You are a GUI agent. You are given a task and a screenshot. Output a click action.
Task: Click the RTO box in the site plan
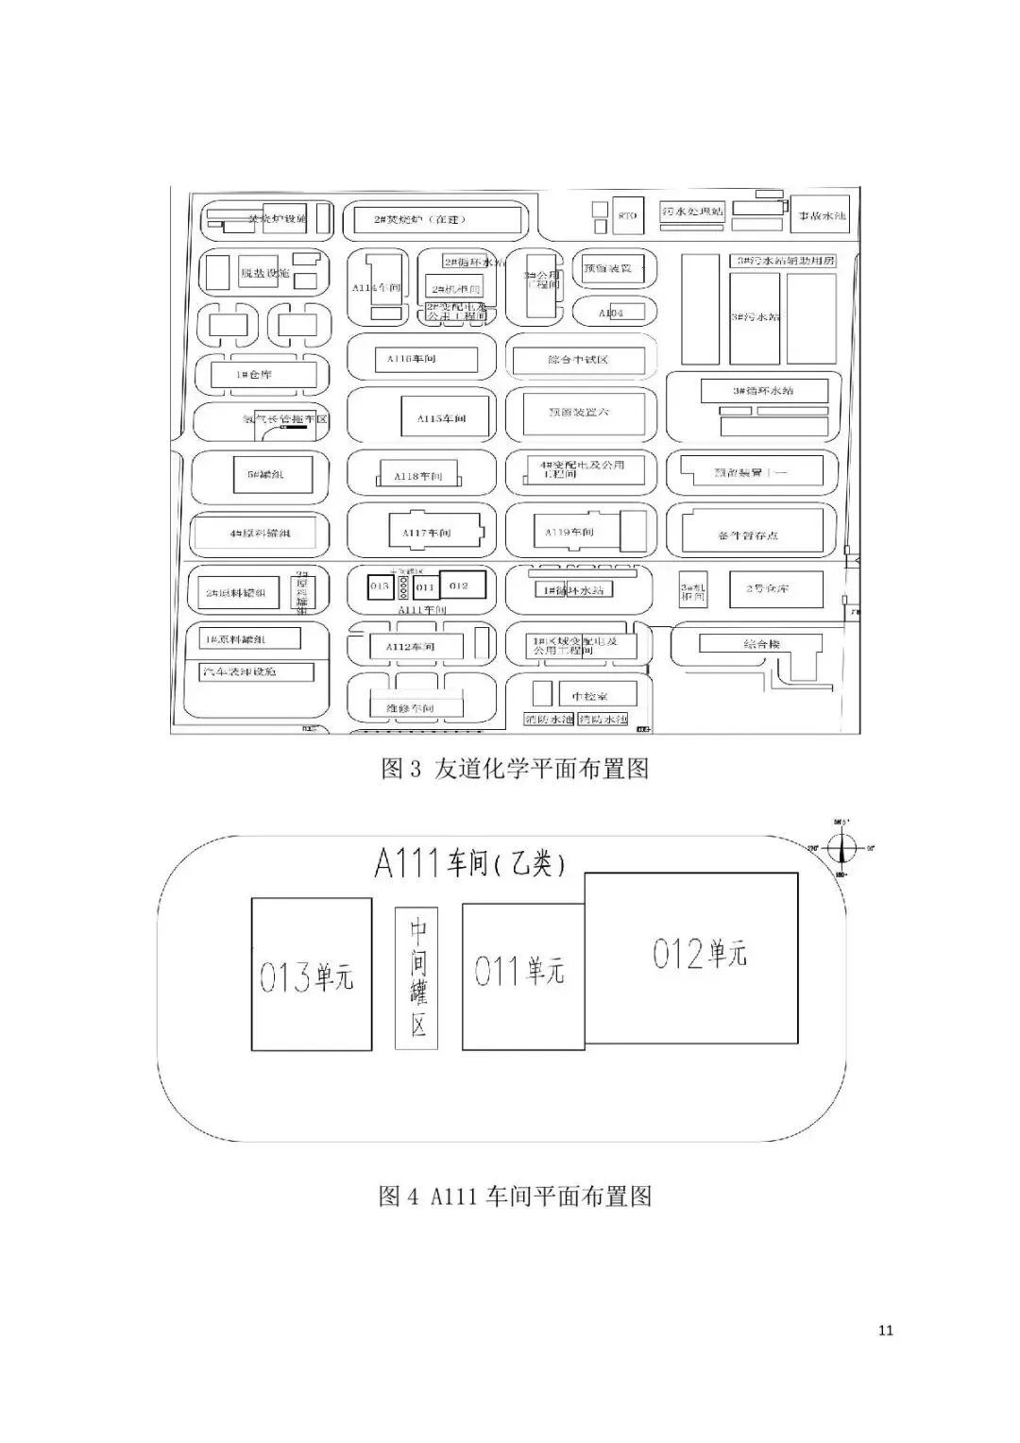click(627, 215)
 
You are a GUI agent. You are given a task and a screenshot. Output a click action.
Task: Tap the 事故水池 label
click(820, 215)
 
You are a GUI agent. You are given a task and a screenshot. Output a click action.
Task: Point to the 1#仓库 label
click(254, 375)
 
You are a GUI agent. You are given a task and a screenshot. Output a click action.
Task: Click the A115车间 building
click(441, 417)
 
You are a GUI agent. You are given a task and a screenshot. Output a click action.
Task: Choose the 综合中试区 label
click(578, 360)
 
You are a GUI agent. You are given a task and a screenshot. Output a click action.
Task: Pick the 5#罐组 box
click(265, 474)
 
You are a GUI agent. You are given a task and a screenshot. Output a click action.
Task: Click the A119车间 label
click(569, 533)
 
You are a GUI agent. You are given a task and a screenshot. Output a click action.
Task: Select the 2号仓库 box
click(768, 588)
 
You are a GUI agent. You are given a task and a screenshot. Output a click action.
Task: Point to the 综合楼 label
click(761, 644)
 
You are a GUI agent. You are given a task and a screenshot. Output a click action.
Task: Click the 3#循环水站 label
click(764, 390)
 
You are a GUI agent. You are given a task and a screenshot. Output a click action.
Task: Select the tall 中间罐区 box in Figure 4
click(417, 977)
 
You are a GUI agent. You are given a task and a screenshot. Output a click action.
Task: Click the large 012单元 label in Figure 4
click(700, 954)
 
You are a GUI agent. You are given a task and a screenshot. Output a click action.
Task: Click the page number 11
click(885, 1331)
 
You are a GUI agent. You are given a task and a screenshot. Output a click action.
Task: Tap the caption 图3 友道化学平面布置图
click(515, 769)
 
